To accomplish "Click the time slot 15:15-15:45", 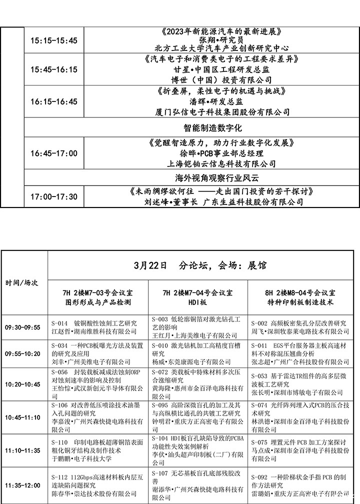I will tap(54, 40).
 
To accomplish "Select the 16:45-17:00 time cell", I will tap(54, 153).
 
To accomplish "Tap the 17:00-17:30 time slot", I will tap(54, 196).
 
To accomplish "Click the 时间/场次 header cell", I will tap(21, 283).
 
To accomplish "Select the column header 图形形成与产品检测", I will tap(98, 302).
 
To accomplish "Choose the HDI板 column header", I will tap(198, 302).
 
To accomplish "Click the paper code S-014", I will tap(59, 323).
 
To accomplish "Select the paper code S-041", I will tap(259, 345).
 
